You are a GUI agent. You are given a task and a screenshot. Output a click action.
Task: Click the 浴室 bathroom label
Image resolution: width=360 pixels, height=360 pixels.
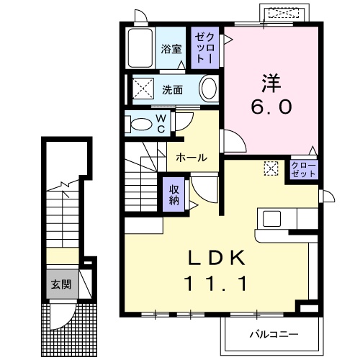point(171,50)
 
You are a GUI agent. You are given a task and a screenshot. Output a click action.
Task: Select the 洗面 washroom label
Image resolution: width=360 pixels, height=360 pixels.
point(171,90)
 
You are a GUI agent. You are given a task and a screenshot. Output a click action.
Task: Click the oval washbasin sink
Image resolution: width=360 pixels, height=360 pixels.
point(207,90)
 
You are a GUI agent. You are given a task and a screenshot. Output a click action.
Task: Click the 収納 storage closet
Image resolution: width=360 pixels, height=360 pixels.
point(174,193)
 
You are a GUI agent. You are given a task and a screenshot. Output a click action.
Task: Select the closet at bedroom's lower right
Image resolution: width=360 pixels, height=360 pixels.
point(304,170)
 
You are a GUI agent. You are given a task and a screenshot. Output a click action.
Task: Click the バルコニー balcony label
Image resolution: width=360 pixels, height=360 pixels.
point(273,334)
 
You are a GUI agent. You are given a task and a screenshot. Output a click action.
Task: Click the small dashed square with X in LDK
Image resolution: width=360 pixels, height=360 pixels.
point(271,168)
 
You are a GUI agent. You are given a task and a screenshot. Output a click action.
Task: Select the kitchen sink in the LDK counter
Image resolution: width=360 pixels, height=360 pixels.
point(273,218)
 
